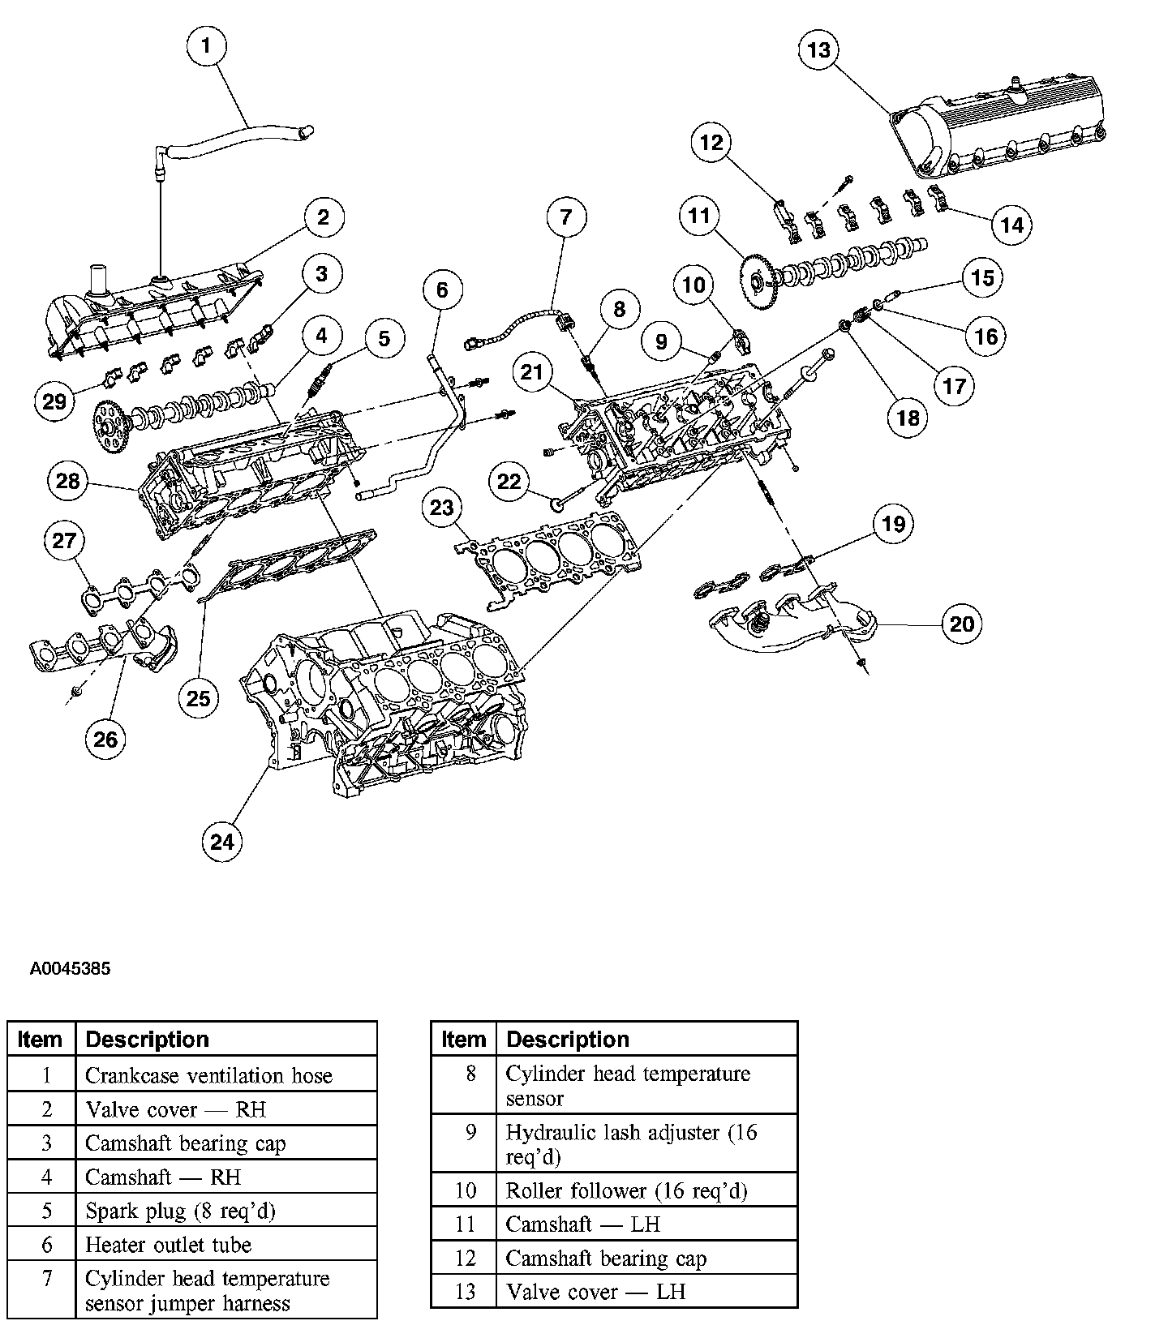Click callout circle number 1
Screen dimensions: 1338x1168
[x=206, y=45]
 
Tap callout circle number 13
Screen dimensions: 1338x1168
[x=819, y=49]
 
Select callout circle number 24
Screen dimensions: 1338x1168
[x=222, y=841]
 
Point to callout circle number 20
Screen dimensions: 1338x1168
[x=961, y=624]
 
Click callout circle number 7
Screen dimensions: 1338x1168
[x=566, y=217]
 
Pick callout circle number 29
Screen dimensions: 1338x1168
[x=54, y=401]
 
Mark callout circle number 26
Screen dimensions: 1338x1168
[x=105, y=738]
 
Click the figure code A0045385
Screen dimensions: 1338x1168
[x=70, y=969]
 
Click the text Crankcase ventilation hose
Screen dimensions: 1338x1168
[x=208, y=1075]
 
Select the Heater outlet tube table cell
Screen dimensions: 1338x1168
[x=169, y=1245]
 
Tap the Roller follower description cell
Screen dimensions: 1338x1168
[x=626, y=1190]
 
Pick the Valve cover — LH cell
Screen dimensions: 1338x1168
[x=595, y=1291]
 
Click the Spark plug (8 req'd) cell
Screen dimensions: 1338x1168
[x=180, y=1211]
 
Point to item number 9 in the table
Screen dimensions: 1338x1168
[x=470, y=1132]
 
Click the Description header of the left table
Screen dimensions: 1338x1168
[x=147, y=1040]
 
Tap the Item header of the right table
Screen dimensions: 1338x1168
[x=463, y=1040]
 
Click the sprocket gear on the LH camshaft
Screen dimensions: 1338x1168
[x=759, y=281]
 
